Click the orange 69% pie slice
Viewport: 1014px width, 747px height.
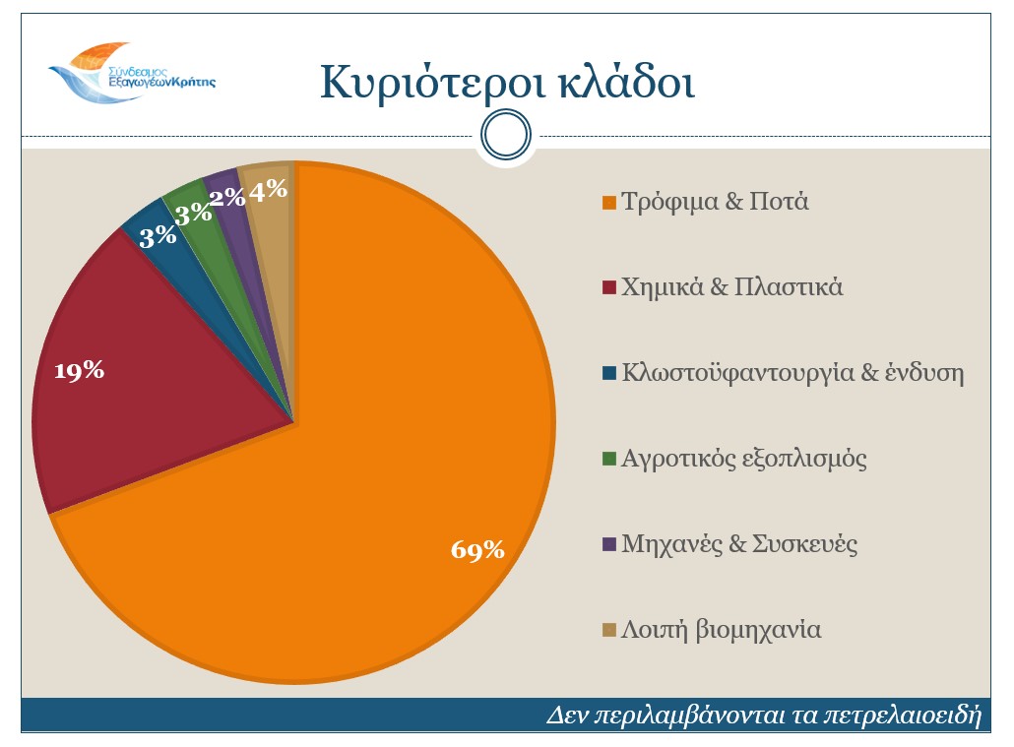pos(394,443)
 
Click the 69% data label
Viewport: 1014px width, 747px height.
pos(477,550)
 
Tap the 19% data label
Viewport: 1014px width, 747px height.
pos(79,371)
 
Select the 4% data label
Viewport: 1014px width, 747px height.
pos(268,190)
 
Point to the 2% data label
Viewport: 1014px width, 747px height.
pos(228,198)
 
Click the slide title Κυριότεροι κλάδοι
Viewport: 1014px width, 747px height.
pos(507,82)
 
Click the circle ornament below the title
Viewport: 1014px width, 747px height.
pos(506,135)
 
